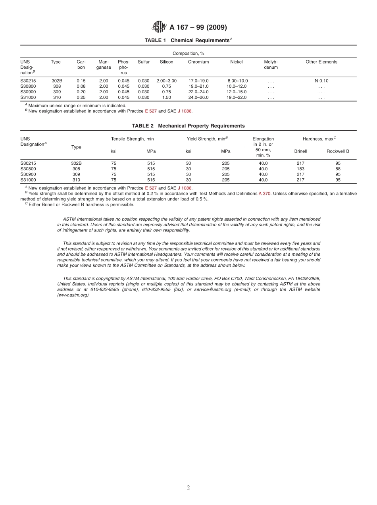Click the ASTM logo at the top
(160, 27)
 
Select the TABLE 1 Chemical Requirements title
(188, 40)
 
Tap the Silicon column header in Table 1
(166, 62)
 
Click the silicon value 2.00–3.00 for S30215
(166, 81)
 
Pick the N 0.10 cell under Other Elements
(321, 81)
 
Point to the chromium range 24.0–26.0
(198, 98)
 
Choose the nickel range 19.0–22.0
(236, 98)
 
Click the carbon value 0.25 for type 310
(81, 98)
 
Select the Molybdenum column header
(271, 65)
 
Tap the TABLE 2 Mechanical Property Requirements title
(188, 126)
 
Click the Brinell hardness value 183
(300, 169)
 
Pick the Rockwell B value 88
(338, 169)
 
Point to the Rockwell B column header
(338, 151)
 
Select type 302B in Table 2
(76, 163)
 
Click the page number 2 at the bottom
(188, 488)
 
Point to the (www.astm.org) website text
(73, 295)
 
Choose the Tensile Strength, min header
(132, 139)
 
